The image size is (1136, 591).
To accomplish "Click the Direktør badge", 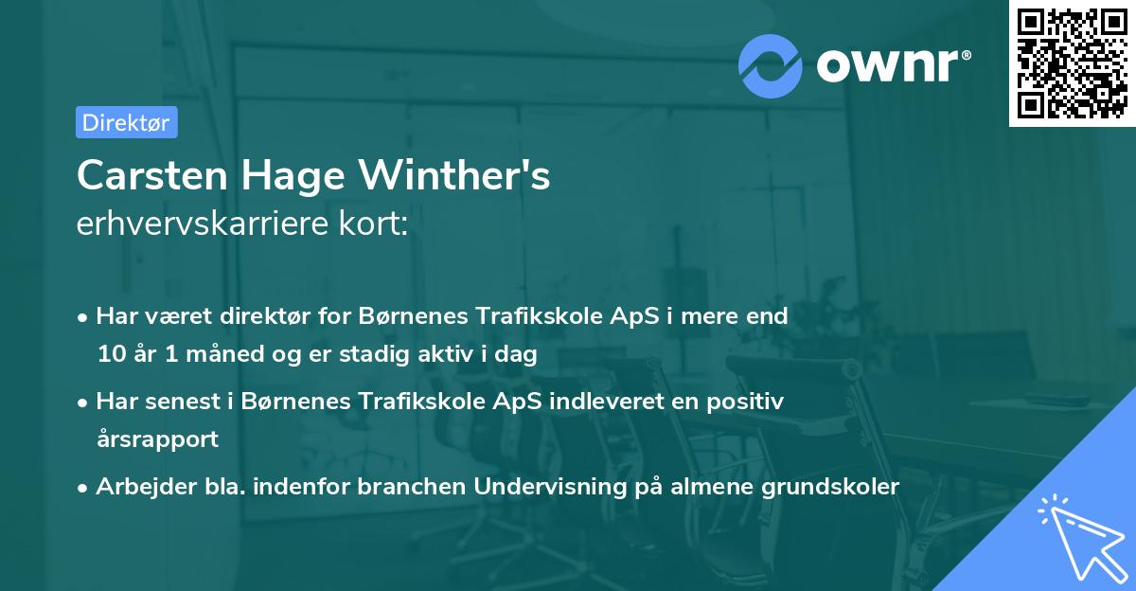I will click(126, 122).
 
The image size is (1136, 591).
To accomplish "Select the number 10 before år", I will click(111, 355).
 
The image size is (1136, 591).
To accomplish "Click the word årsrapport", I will click(157, 439).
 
